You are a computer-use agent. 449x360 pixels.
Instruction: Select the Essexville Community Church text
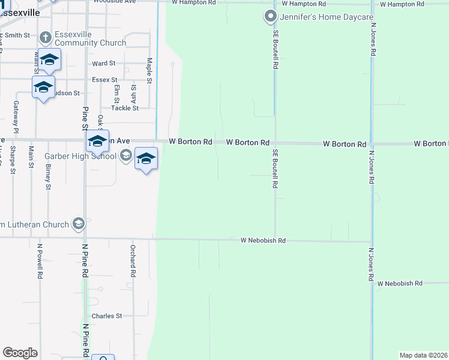90,38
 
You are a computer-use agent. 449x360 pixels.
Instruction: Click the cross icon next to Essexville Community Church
45,38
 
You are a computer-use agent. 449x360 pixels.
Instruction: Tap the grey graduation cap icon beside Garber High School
125,157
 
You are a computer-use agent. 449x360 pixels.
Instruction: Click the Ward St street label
103,63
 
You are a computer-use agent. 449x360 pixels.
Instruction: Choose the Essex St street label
104,79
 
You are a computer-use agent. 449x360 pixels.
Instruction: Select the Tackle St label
124,108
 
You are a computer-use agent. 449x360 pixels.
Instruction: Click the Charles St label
107,316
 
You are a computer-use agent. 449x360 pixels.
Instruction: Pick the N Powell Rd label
40,261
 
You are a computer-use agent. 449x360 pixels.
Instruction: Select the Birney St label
48,175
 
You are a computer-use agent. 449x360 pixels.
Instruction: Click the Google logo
20,353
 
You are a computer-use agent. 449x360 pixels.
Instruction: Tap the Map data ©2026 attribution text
424,355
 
